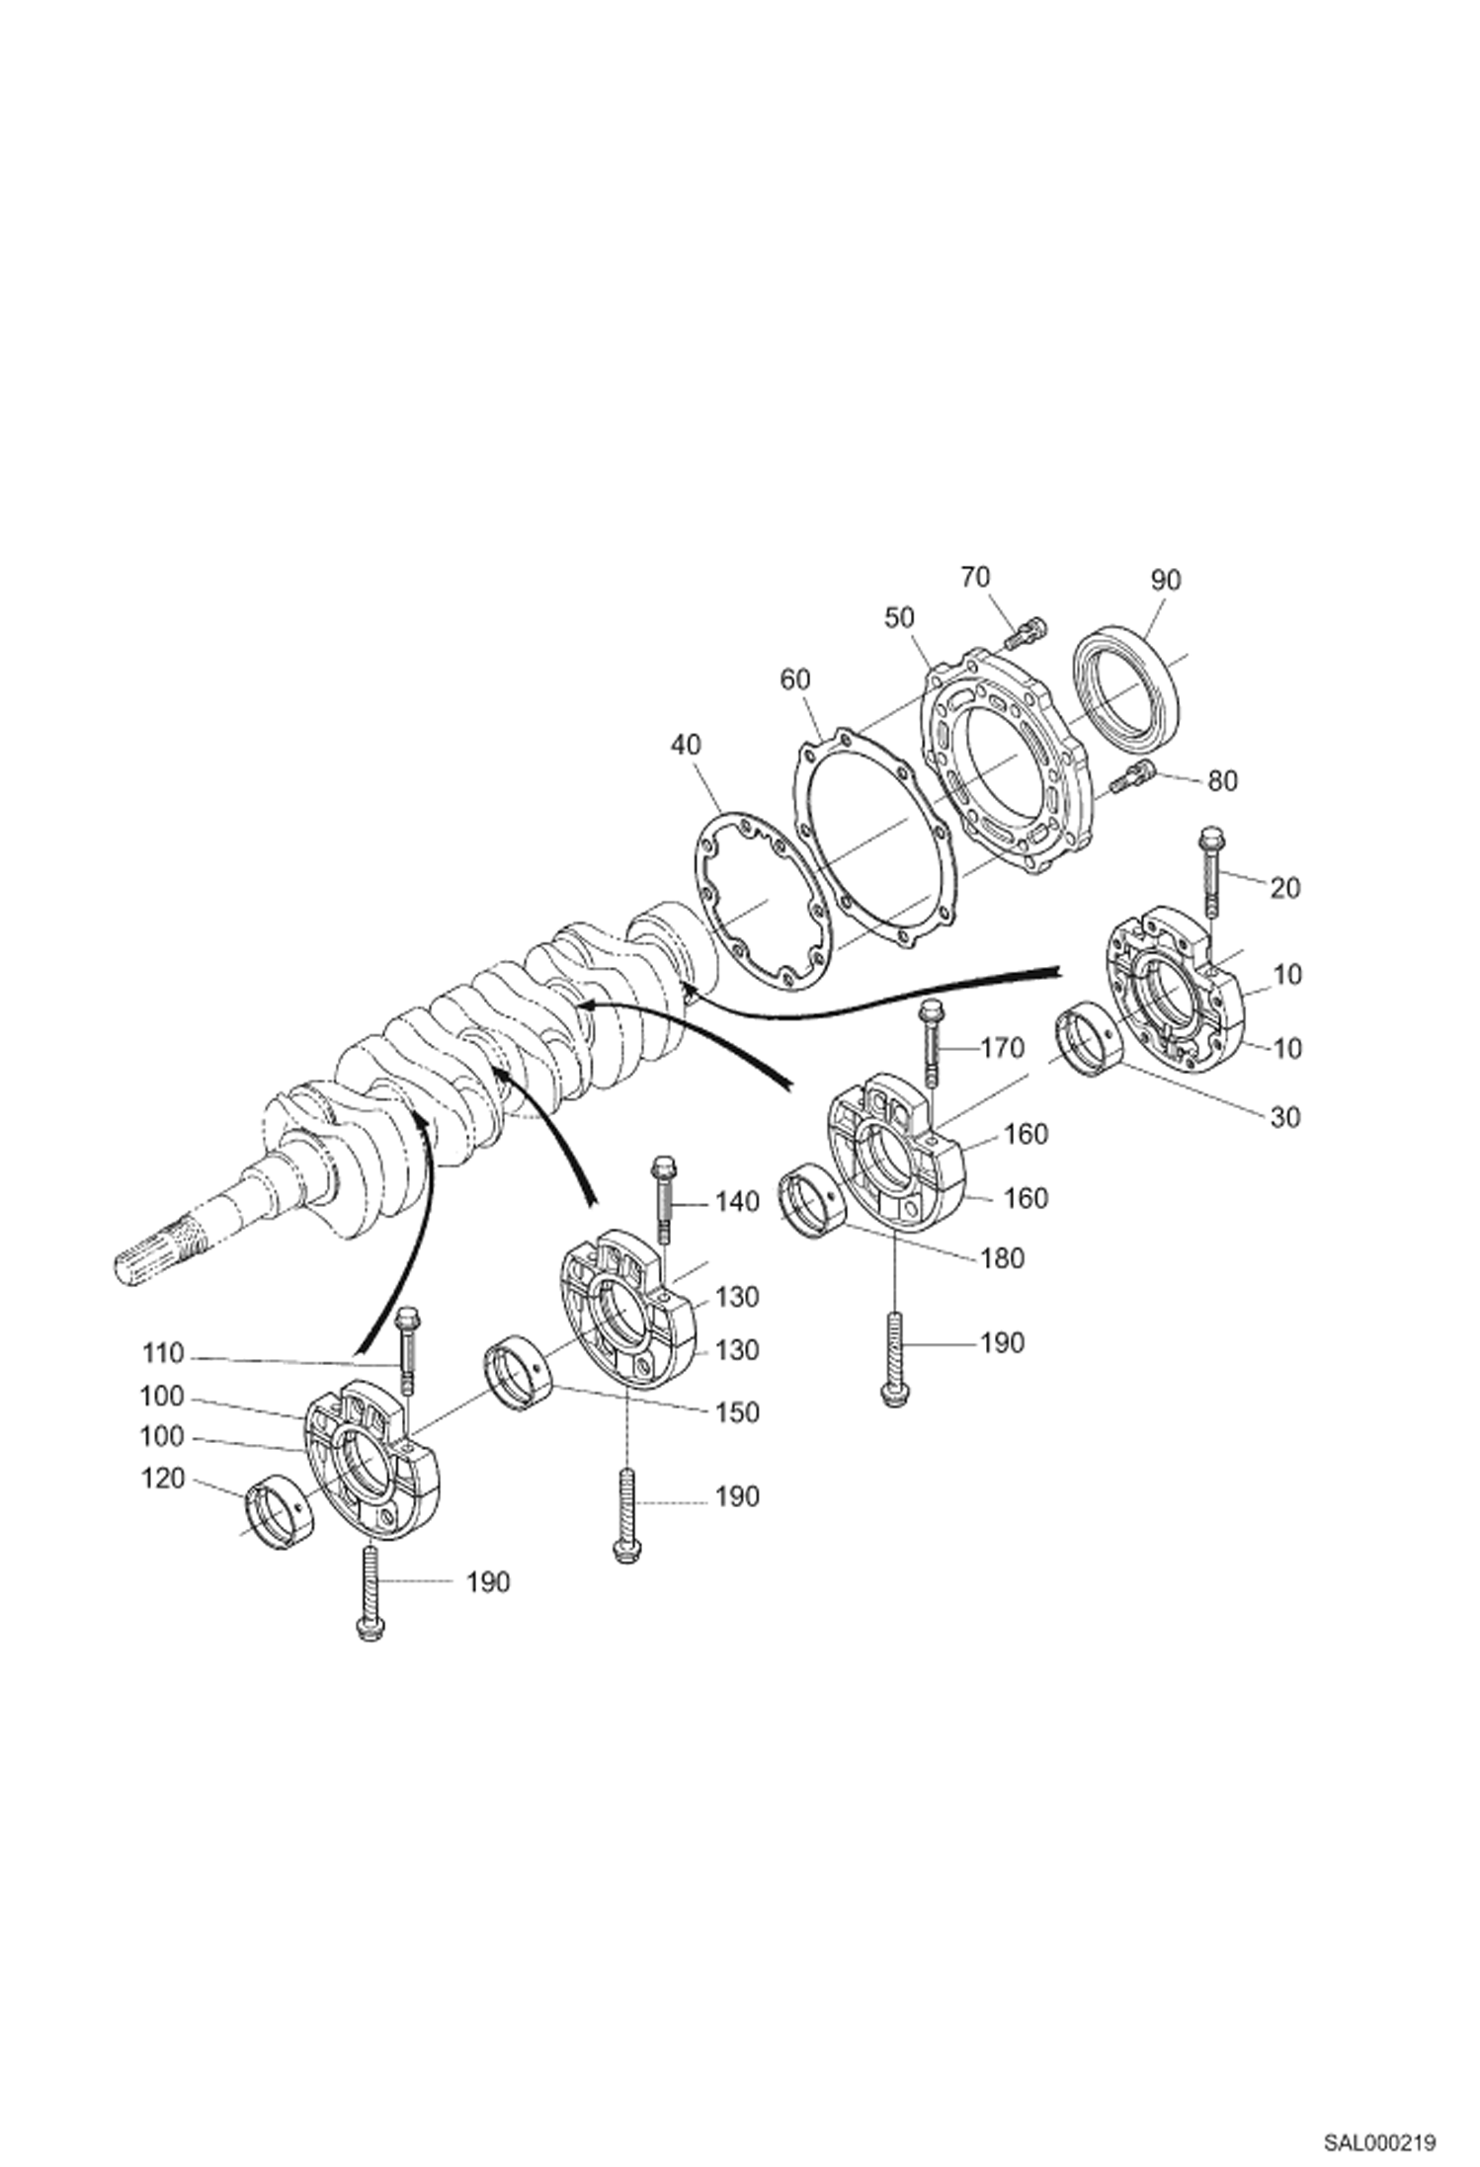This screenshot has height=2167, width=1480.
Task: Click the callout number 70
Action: pyautogui.click(x=975, y=577)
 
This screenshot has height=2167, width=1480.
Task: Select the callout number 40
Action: pyautogui.click(x=685, y=744)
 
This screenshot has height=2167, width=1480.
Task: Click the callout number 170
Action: pyautogui.click(x=1003, y=1047)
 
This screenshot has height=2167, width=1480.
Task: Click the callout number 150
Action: pyautogui.click(x=737, y=1412)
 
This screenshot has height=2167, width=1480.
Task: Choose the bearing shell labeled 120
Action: pyautogui.click(x=279, y=1511)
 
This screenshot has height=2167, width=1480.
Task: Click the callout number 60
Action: pyautogui.click(x=794, y=680)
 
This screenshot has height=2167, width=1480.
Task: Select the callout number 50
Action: pyautogui.click(x=899, y=617)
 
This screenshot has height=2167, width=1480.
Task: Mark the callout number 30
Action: pyautogui.click(x=1284, y=1117)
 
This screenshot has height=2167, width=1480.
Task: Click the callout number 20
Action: pyautogui.click(x=1284, y=888)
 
